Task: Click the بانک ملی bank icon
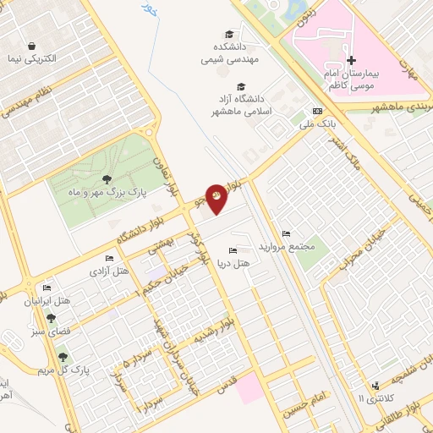[317, 110]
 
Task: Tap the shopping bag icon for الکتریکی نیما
[31, 46]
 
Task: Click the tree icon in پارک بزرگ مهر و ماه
[107, 178]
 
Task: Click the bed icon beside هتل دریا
[233, 249]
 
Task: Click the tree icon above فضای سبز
[52, 318]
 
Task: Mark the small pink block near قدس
[250, 390]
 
